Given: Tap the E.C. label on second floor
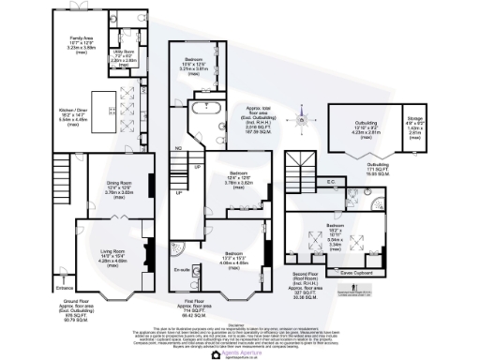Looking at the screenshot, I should [331, 183].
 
